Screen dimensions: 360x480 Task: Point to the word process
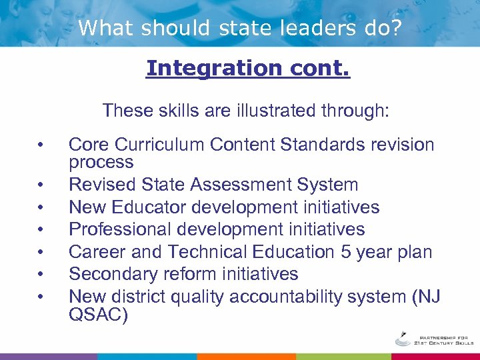coord(101,162)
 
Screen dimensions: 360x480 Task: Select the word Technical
coord(208,252)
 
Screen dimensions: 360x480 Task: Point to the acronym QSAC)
coord(98,314)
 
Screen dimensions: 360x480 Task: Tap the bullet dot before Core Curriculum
coord(41,145)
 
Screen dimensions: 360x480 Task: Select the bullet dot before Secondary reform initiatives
coord(41,275)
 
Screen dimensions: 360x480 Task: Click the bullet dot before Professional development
coord(41,230)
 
